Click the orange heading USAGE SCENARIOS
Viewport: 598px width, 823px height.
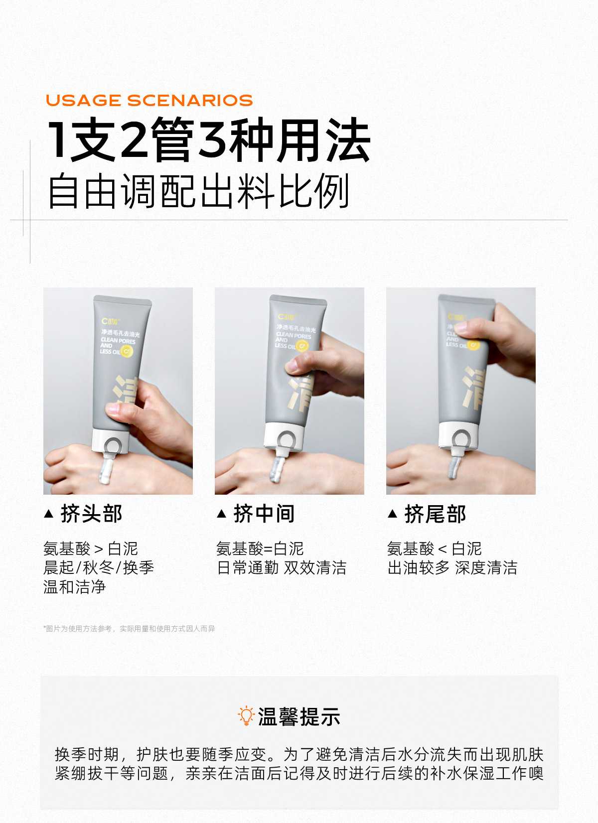149,100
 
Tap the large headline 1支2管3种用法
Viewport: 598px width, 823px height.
209,139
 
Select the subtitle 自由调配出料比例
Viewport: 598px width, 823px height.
198,191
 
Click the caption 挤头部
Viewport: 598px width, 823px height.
91,514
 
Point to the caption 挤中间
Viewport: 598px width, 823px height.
264,514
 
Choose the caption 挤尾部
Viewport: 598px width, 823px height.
435,514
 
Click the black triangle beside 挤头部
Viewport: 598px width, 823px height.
48,514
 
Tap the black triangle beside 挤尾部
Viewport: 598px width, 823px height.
393,514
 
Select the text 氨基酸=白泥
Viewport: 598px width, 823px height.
260,549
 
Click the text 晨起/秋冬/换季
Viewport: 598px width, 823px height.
99,567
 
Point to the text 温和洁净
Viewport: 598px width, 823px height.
75,587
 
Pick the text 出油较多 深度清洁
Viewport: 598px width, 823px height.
452,567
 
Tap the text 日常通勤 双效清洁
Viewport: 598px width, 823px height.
282,567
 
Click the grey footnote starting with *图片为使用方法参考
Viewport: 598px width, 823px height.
129,629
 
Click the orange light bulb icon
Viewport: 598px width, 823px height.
246,716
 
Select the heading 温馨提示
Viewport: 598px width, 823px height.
299,716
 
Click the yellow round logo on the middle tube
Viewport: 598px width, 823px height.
302,346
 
